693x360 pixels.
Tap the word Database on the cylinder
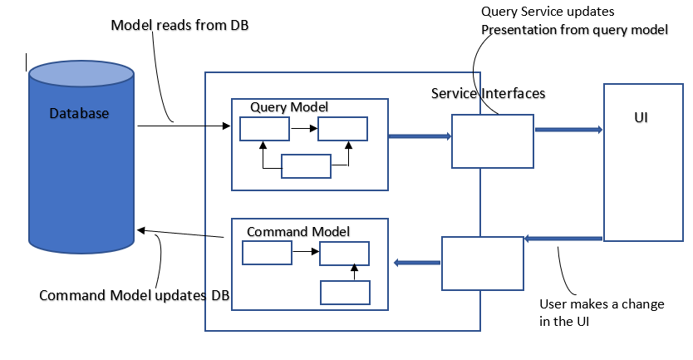79,113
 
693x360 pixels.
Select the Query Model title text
289,107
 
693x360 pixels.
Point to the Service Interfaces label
488,93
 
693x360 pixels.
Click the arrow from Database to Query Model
183,126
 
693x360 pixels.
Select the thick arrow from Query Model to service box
420,136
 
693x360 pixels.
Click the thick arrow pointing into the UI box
568,130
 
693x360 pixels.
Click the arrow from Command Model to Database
182,234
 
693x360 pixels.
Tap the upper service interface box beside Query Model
493,141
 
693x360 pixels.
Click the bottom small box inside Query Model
306,166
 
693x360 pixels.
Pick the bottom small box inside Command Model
345,293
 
